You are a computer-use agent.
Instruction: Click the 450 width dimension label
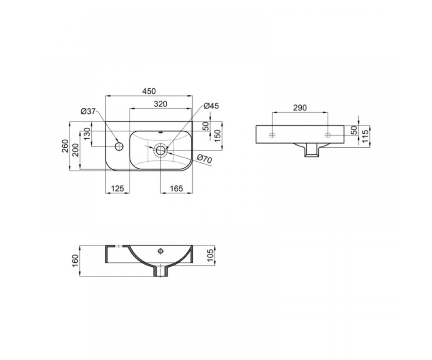pos(149,91)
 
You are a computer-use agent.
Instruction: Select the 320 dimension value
pos(161,104)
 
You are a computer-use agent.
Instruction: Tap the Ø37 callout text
pos(88,112)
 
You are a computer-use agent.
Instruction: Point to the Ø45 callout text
pos(211,106)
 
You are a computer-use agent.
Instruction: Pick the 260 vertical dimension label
pos(66,146)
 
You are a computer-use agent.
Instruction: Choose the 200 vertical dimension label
pos(76,150)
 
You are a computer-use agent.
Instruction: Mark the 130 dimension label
pos(87,134)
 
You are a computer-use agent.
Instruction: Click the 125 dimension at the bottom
pos(117,189)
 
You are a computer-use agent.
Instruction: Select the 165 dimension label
pos(176,189)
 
